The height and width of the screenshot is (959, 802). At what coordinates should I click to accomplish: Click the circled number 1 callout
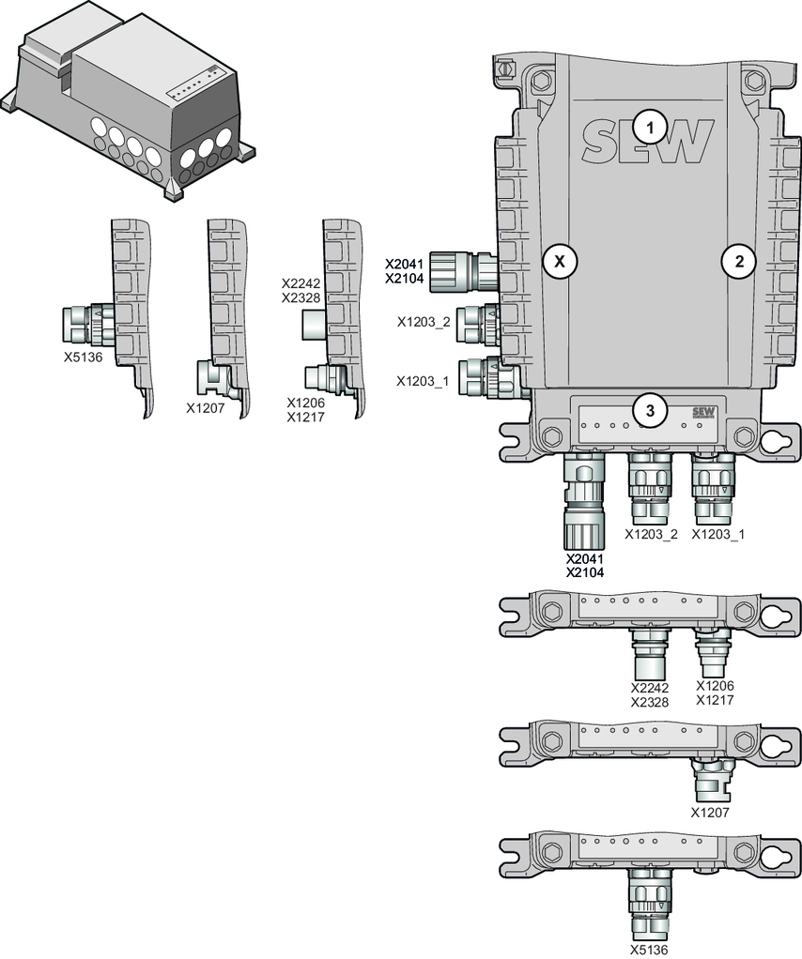click(x=649, y=125)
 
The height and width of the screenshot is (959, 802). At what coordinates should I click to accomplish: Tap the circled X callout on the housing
click(x=560, y=262)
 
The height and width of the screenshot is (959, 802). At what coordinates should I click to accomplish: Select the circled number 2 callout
click(x=738, y=262)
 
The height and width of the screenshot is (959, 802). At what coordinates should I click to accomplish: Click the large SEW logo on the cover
click(x=647, y=142)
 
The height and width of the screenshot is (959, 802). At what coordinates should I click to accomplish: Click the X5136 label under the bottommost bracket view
click(x=649, y=950)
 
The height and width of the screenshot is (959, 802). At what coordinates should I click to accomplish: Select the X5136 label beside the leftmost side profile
click(x=83, y=357)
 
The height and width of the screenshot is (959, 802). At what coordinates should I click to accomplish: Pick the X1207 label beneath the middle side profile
click(x=205, y=408)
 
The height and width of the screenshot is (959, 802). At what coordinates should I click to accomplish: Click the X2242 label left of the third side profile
click(x=302, y=282)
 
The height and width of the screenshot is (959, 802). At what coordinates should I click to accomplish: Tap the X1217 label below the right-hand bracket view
click(x=715, y=700)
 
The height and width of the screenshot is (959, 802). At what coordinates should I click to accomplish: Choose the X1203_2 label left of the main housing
click(x=423, y=322)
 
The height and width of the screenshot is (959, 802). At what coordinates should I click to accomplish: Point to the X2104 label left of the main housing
click(x=406, y=279)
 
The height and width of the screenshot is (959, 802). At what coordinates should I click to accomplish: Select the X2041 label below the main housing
click(x=584, y=559)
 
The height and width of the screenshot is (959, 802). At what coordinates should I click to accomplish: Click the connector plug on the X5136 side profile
click(x=86, y=322)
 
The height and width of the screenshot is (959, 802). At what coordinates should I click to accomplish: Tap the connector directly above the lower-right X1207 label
click(x=711, y=779)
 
